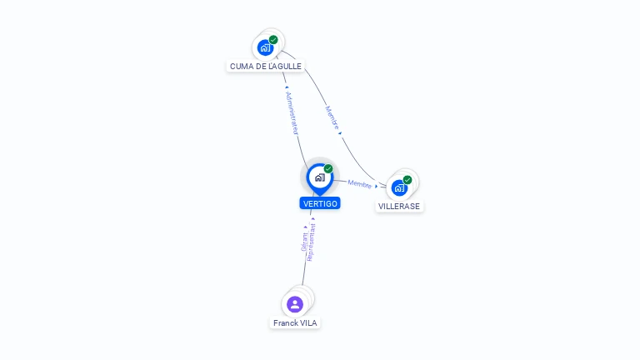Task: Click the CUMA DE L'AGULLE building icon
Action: click(265, 47)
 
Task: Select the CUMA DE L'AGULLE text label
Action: click(266, 66)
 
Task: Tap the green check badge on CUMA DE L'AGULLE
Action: click(273, 40)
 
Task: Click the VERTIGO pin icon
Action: click(319, 177)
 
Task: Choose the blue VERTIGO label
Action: click(320, 203)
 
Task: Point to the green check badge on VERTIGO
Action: click(328, 169)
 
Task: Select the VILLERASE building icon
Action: click(399, 187)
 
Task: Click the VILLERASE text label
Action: click(399, 206)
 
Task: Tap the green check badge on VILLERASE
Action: click(407, 180)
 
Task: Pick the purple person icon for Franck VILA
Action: click(294, 304)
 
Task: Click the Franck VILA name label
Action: click(295, 322)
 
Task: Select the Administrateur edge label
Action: click(291, 113)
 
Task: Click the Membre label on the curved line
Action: click(332, 117)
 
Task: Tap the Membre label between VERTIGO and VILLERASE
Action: click(360, 184)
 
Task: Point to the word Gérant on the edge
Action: click(305, 242)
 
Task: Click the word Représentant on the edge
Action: click(312, 242)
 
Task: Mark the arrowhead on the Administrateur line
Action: click(287, 87)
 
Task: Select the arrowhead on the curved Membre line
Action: click(340, 132)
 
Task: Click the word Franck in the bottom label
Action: click(285, 322)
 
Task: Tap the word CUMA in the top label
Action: click(242, 66)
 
